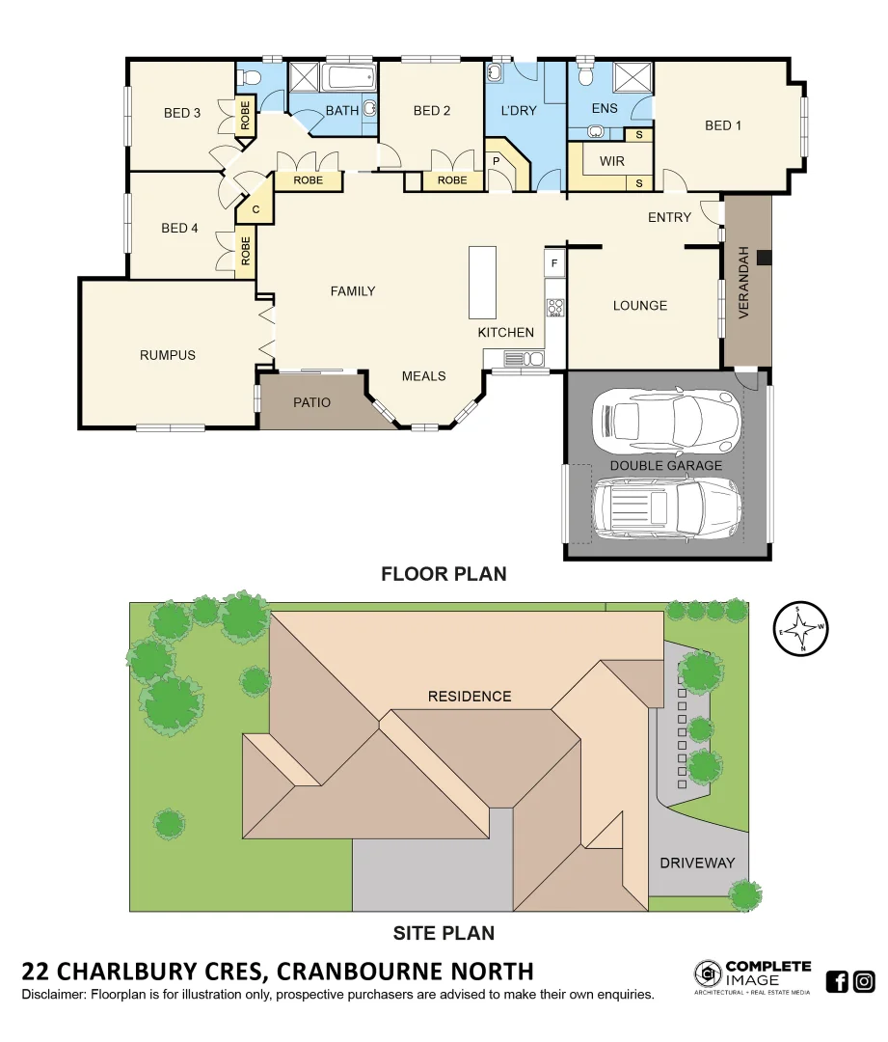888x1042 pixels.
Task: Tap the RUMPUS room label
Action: tap(167, 355)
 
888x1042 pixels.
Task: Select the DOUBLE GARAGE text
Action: tap(665, 465)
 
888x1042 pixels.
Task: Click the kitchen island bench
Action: tap(482, 282)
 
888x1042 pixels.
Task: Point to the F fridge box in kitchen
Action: tap(554, 262)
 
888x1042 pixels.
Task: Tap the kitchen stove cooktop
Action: tap(555, 308)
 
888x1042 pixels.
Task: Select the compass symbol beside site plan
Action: tap(801, 628)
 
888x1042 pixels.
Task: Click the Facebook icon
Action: tap(837, 982)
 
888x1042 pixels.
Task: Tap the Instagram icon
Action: tap(864, 982)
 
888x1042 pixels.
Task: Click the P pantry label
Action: tap(497, 160)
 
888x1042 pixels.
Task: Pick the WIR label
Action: tap(612, 161)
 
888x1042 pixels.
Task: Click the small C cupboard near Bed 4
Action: tap(256, 208)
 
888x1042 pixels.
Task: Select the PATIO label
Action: tap(311, 402)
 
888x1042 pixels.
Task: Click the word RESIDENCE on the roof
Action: tap(470, 696)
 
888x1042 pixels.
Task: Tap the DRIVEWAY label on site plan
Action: tap(697, 863)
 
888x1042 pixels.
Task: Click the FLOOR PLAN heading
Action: tap(444, 574)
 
